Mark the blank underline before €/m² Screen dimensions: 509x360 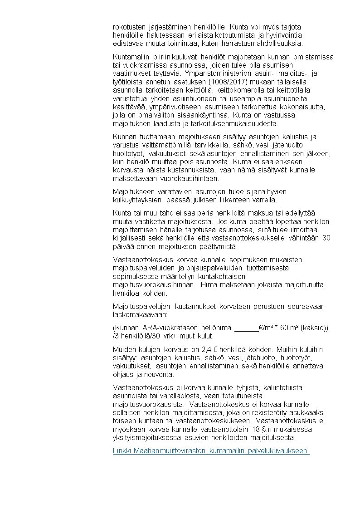246,328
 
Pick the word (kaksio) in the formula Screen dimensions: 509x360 313,328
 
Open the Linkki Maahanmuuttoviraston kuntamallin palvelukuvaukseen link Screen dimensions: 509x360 211,451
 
